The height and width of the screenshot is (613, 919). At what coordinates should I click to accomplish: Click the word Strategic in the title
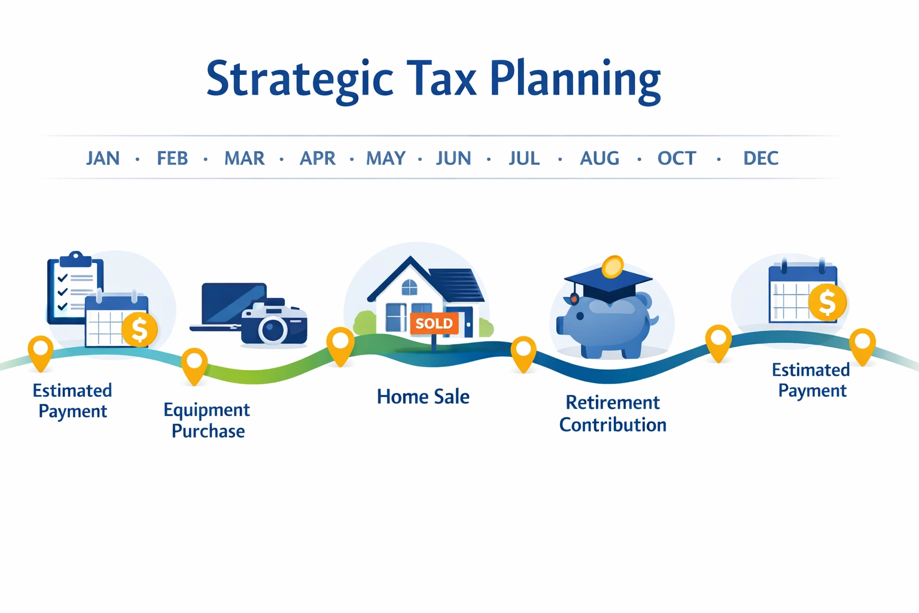[299, 80]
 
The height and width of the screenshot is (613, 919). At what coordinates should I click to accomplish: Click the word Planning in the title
[575, 80]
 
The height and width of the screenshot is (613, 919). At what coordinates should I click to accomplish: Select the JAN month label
[102, 158]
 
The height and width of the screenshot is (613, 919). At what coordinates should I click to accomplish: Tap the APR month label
[317, 158]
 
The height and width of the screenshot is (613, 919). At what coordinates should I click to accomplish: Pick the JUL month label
[524, 158]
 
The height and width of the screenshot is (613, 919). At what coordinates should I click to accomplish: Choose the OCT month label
[677, 158]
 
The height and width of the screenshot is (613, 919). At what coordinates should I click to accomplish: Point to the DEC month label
[760, 158]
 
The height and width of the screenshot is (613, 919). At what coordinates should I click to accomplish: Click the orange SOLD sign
[434, 324]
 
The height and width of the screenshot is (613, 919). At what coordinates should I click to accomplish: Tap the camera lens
[273, 330]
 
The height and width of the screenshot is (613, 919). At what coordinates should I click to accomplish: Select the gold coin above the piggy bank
[612, 267]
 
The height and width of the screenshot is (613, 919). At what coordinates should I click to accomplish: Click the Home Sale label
[422, 396]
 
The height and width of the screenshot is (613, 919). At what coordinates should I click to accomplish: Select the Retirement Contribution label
[613, 414]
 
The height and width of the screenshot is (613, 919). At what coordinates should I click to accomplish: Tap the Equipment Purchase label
[207, 420]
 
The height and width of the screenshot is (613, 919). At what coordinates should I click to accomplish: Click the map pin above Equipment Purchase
[194, 363]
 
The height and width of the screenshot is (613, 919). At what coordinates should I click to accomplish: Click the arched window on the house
[409, 287]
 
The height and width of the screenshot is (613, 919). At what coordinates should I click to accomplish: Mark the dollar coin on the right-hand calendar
[827, 302]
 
